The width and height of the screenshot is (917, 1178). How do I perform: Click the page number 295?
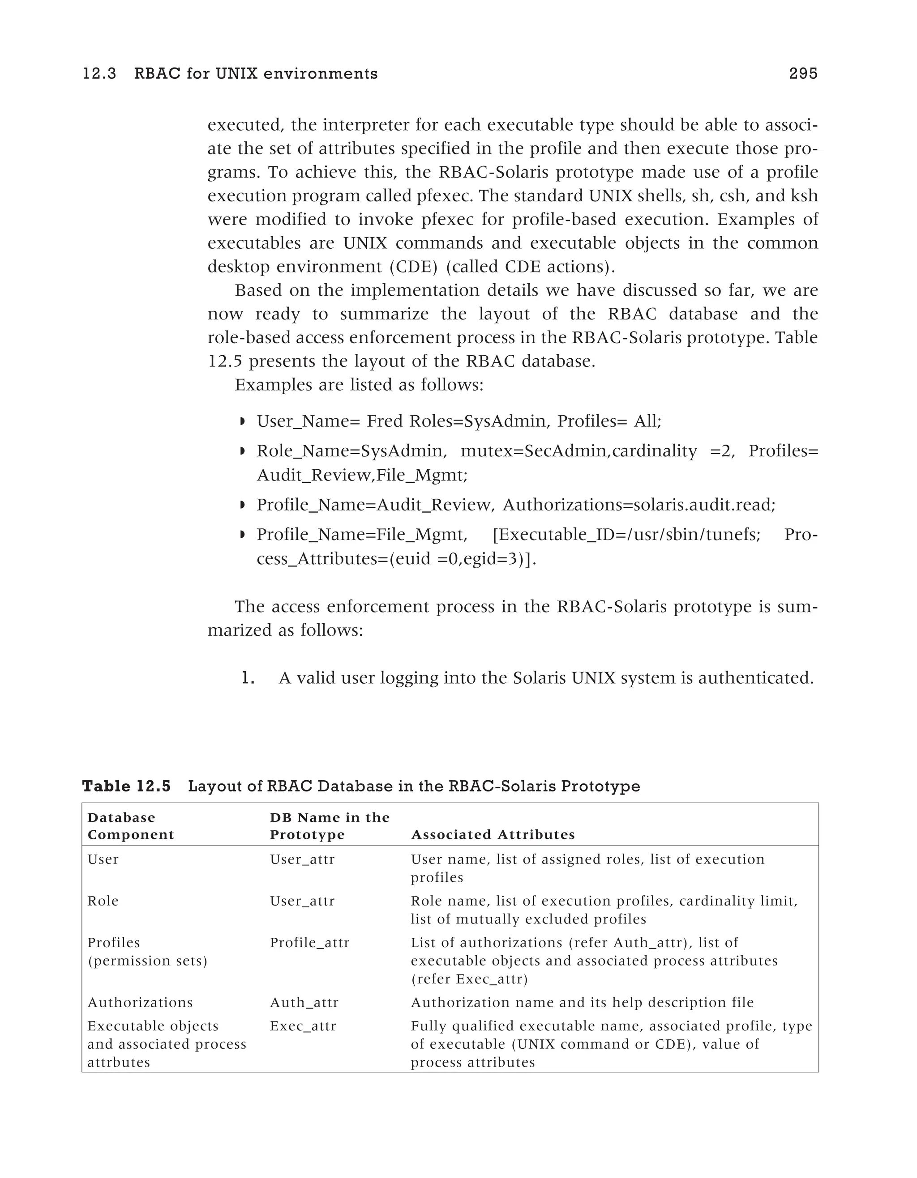803,73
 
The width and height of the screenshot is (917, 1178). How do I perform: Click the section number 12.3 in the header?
99,73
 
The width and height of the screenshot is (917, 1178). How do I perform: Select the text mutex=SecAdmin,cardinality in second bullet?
578,451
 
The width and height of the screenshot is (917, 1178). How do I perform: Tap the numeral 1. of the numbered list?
248,678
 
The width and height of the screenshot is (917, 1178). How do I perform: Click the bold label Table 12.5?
126,787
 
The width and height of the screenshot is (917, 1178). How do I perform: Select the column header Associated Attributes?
493,834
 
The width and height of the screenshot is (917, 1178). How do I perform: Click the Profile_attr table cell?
310,943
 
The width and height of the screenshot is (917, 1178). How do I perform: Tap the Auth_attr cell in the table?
304,1003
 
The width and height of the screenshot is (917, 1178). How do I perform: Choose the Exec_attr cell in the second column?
303,1026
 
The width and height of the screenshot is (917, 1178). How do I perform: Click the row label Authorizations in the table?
140,1003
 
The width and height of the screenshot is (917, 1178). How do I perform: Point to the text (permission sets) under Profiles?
147,961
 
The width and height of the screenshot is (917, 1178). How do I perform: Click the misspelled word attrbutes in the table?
119,1062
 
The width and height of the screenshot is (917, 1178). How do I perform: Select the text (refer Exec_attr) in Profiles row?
469,979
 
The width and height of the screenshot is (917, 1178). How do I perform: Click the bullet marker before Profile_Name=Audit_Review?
242,506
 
